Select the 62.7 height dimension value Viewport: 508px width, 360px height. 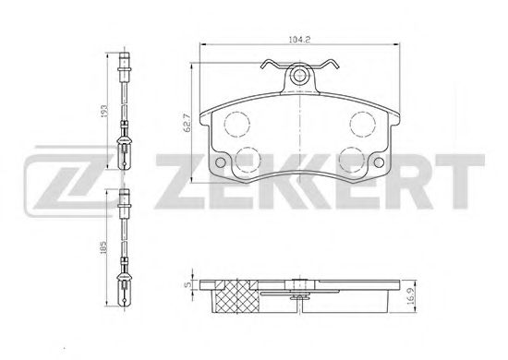click(187, 123)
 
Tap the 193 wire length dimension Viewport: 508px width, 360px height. click(103, 111)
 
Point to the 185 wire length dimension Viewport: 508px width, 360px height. click(103, 247)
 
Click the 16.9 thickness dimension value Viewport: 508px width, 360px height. click(411, 296)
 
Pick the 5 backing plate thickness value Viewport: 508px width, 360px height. click(187, 285)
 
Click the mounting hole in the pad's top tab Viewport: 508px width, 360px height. click(299, 77)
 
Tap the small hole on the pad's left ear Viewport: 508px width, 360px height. click(220, 162)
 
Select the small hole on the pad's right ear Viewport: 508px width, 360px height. click(379, 162)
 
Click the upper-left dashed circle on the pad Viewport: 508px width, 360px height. click(237, 124)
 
